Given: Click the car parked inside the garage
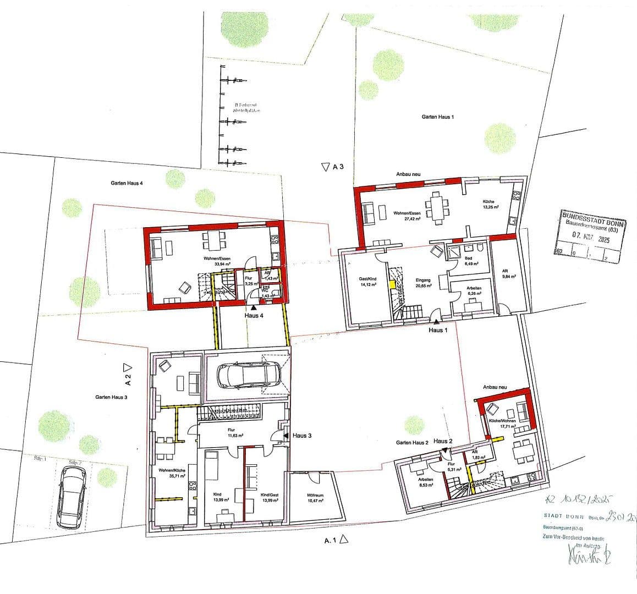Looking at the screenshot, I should [248, 376].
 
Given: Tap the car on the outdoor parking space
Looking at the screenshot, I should [71, 496].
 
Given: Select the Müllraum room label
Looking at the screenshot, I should [316, 498].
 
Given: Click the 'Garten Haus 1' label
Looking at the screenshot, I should [438, 117].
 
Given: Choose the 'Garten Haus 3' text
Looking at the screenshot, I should [111, 397].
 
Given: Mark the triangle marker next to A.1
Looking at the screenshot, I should [344, 540].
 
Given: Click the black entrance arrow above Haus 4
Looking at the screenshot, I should [253, 310].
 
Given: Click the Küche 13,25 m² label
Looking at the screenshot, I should [490, 205].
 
